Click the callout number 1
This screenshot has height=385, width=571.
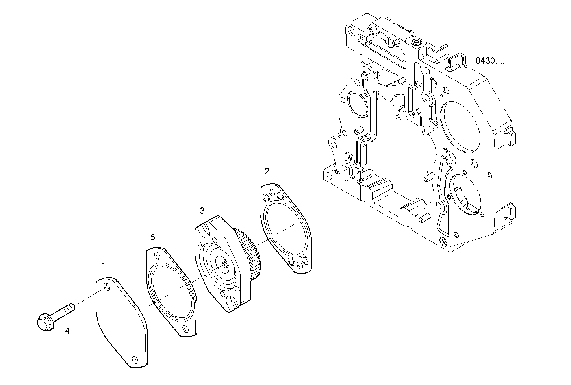coord(104,266)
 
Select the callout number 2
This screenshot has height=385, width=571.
coord(267,171)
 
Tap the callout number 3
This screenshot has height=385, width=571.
coord(202,211)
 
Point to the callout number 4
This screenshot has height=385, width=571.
coord(67,331)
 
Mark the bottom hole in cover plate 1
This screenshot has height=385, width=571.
coord(135,359)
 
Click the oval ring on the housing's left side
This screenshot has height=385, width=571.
coord(358,104)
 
